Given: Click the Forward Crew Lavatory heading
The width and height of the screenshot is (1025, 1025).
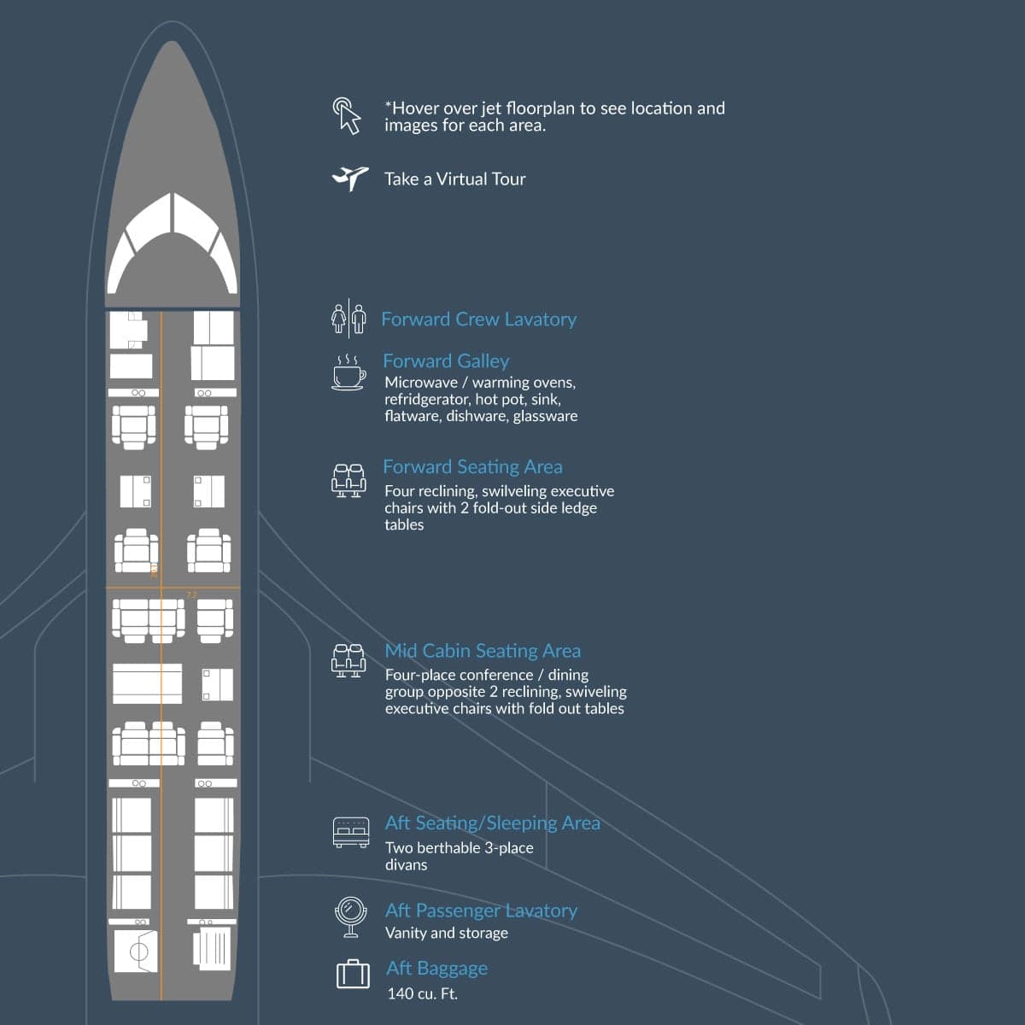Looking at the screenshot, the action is pos(478,319).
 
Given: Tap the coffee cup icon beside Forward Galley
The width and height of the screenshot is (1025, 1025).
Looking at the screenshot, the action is pos(349,372).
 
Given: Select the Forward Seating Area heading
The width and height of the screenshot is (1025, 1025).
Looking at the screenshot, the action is pos(473,467).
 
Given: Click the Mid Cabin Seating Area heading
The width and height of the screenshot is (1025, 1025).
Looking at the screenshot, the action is pos(483,651).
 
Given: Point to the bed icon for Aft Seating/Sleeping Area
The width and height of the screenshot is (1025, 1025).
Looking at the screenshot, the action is pos(351,832).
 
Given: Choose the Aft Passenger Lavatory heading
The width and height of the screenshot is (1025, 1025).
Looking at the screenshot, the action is pos(482,911).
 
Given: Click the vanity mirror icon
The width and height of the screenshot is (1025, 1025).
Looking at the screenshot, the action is pos(350,917).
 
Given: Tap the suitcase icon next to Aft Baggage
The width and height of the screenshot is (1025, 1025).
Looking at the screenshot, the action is pos(353,975).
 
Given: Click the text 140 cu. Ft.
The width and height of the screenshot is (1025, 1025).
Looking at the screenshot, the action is pos(422,993).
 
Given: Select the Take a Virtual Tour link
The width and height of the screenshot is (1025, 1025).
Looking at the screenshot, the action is pos(454,179).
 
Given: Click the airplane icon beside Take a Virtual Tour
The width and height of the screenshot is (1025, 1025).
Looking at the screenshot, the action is pos(350,179).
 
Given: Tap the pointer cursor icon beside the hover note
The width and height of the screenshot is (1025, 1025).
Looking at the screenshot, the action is pos(348,115).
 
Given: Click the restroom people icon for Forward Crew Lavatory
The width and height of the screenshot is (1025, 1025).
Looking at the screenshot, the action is pos(348,319).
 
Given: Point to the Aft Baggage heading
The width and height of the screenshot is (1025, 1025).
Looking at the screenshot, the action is pos(436,968).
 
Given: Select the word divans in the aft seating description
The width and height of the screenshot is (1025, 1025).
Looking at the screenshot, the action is pos(406,865).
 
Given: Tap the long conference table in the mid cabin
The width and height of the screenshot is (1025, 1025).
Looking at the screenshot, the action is pos(147,683).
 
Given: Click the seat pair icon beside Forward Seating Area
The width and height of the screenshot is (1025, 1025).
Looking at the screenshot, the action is pos(348,480).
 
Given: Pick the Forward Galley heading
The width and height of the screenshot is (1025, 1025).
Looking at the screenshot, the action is pos(446,361).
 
